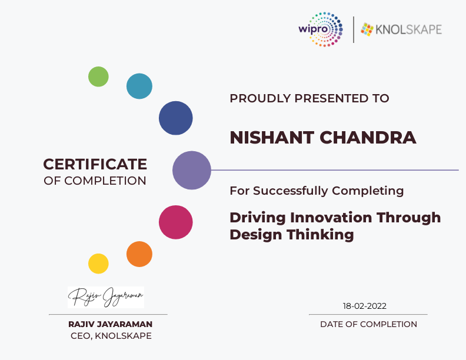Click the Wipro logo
coord(321,29)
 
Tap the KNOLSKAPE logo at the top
coord(401,29)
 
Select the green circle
coord(98,76)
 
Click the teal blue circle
coord(139,86)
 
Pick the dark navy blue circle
coord(176,118)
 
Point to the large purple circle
coord(192,170)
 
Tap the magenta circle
coord(176,222)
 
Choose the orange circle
coord(139,254)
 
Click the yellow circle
coord(98,264)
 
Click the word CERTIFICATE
coord(95,164)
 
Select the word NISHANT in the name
coord(272,138)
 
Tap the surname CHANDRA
coord(368,138)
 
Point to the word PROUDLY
coord(260,98)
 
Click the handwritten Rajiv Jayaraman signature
coord(106,297)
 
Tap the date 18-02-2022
coord(365,306)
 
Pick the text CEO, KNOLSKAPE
coord(111,336)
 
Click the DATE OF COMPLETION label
coord(368,324)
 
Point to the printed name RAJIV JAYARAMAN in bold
coord(110,324)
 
